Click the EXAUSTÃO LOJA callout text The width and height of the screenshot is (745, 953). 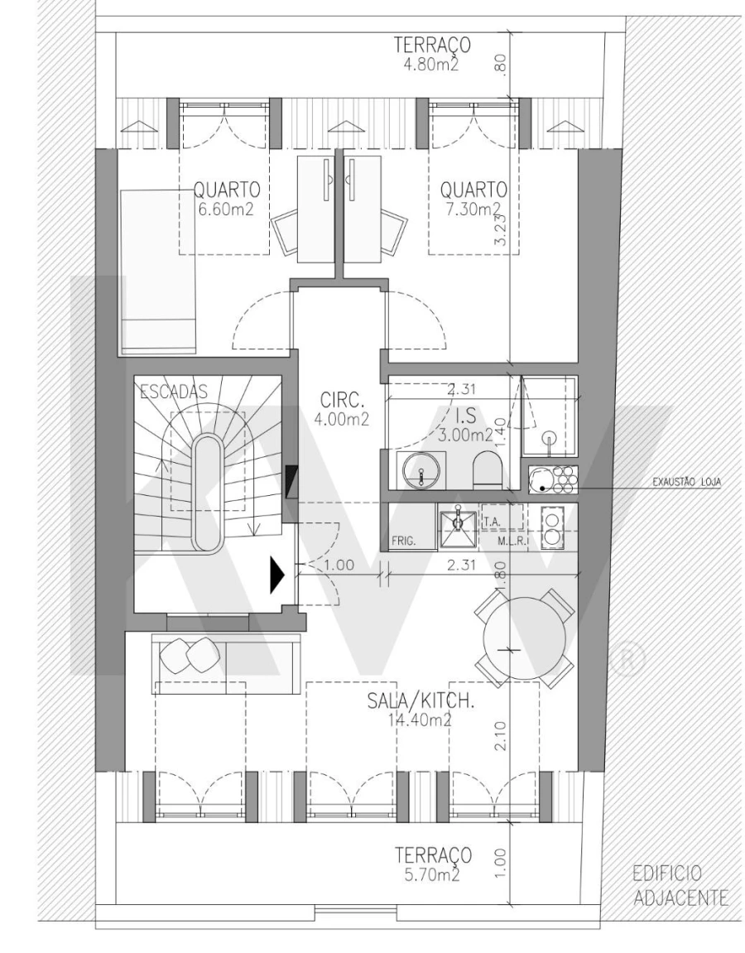tap(685, 487)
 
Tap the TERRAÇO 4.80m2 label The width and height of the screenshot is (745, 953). tap(433, 51)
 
